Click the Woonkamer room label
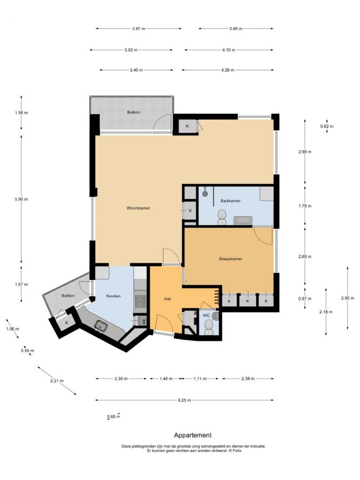tap(138, 208)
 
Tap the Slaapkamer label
tap(230, 259)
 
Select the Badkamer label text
tap(230, 201)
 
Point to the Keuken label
tap(113, 296)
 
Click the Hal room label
tap(167, 299)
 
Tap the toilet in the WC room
tap(209, 326)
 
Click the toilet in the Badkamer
tap(221, 217)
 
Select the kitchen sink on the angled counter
tap(101, 326)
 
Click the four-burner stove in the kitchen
tap(140, 301)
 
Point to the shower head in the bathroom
tap(205, 193)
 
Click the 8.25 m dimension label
tap(185, 400)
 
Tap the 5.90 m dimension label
tap(21, 199)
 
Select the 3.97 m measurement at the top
tap(139, 29)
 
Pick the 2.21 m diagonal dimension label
tap(57, 381)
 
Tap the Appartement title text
tap(193, 435)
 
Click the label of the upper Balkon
tap(134, 113)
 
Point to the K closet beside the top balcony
tap(187, 126)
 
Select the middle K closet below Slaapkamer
tap(247, 301)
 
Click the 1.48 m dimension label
tap(166, 379)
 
